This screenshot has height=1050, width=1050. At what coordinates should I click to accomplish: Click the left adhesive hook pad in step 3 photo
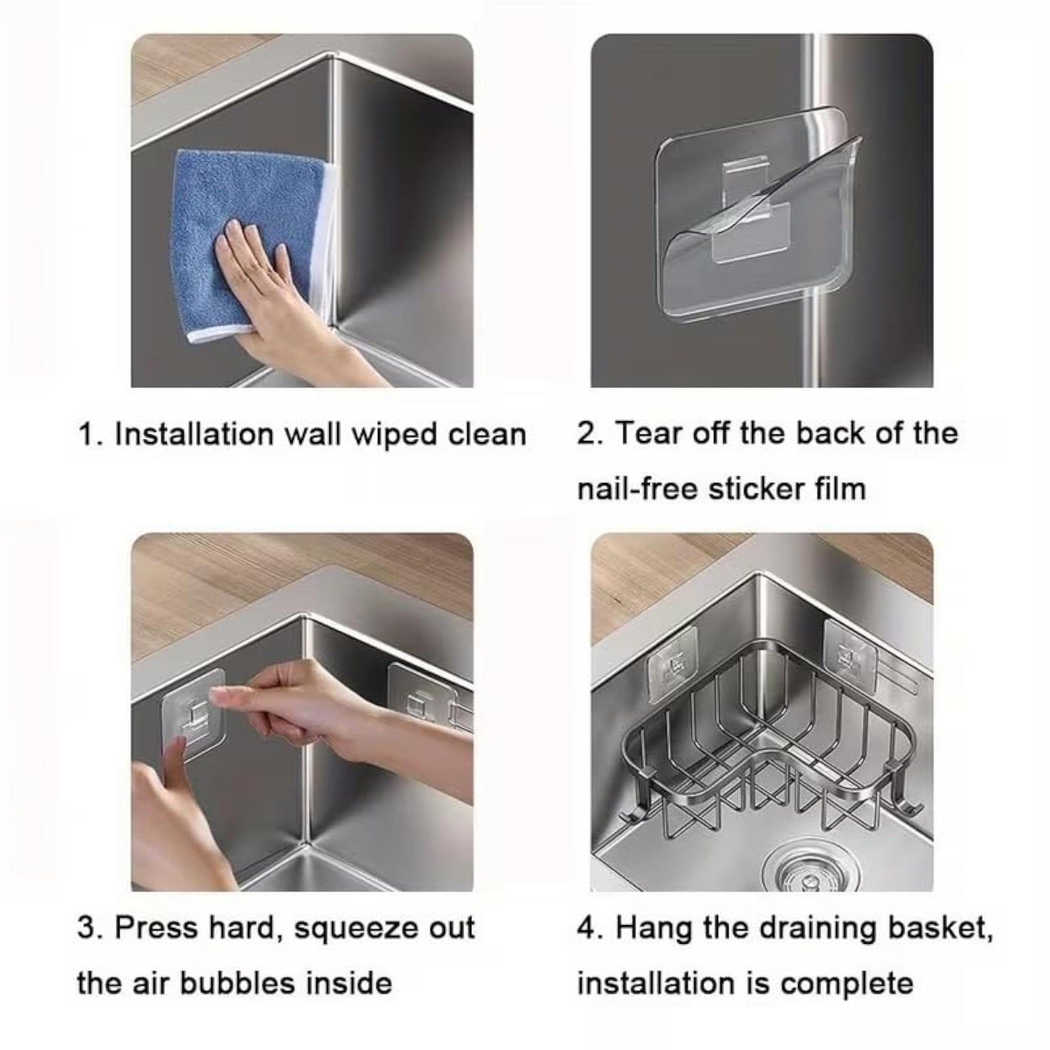click(192, 715)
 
